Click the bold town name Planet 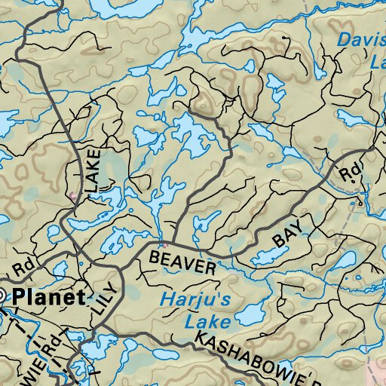coord(48,296)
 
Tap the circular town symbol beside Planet coord(2,296)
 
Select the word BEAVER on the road coord(182,262)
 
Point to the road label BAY coord(281,237)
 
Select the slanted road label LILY coord(103,296)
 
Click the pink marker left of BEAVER coord(162,244)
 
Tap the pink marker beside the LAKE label coord(72,196)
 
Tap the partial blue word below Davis coord(377,65)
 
